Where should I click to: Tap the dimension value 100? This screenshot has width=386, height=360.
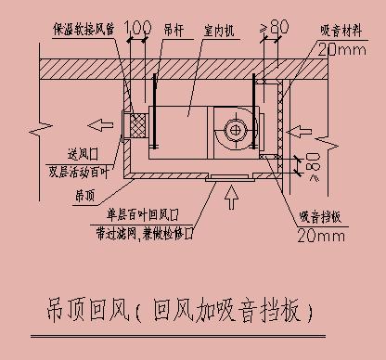pos(136,27)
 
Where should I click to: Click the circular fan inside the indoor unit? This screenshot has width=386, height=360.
pos(230,129)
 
